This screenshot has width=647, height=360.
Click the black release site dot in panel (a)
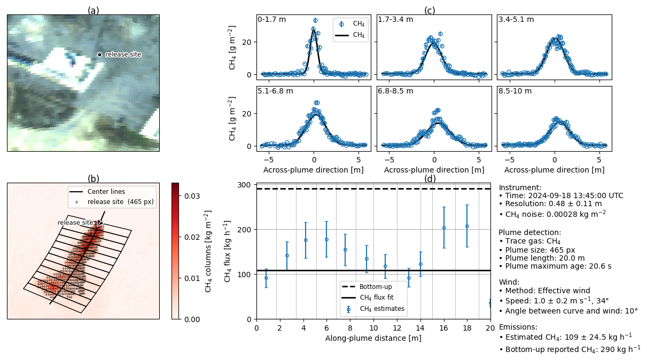point(99,54)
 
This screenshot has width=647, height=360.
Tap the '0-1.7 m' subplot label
point(271,20)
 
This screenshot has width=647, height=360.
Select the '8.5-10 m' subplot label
point(515,91)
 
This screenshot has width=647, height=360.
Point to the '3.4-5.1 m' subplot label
point(516,20)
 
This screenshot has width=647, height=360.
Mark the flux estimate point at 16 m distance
point(444,228)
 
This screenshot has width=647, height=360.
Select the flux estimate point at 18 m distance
point(467,226)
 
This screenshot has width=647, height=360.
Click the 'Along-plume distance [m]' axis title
point(373,338)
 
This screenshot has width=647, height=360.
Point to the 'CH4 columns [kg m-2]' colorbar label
point(208,251)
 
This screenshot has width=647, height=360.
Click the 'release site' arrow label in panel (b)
point(75,223)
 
